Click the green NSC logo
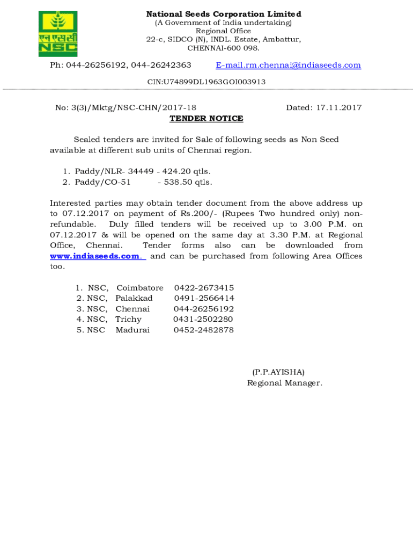(58, 34)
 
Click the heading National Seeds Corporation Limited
(224, 14)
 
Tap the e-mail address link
(288, 65)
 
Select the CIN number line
(206, 82)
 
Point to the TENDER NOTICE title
(206, 118)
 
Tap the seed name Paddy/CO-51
(102, 182)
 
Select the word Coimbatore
(140, 288)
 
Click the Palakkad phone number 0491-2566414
(204, 298)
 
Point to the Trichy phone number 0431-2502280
(203, 319)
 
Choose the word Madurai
(132, 330)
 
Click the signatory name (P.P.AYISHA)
(278, 372)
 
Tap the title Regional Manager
(284, 382)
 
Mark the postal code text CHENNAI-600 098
(223, 48)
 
